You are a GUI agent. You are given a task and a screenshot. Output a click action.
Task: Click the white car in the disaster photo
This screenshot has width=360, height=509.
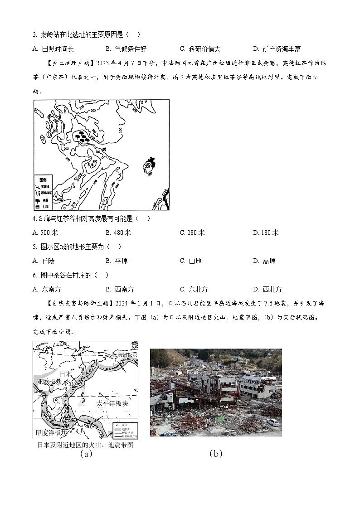[x=273, y=422]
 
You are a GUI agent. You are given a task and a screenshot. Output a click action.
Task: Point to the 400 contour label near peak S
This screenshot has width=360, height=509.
[x=95, y=162]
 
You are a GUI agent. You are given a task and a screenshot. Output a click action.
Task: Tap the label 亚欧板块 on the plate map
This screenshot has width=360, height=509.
[x=49, y=382]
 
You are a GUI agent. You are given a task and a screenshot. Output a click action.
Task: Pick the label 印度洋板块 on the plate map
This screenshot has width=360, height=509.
[x=51, y=432]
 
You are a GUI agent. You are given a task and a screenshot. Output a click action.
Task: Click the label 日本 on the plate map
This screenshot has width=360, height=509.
[x=66, y=374]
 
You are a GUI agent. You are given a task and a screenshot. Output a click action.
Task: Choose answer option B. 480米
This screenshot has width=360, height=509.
[x=118, y=233]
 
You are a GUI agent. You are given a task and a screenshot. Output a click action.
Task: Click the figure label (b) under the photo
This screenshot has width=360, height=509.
[x=216, y=454]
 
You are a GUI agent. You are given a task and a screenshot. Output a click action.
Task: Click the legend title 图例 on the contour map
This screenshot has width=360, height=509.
[x=43, y=180]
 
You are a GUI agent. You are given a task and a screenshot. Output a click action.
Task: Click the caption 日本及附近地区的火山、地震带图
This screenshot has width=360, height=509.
[x=85, y=445]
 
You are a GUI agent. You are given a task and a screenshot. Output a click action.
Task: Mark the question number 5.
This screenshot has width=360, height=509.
[x=35, y=247]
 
